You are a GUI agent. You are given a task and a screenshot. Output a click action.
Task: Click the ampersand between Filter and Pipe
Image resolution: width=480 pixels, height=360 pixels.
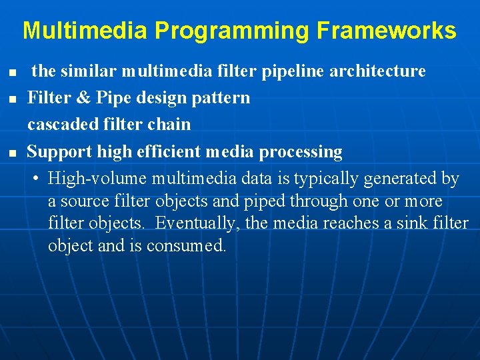pos(83,98)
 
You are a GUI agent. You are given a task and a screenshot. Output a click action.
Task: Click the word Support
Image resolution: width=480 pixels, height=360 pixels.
pos(59,152)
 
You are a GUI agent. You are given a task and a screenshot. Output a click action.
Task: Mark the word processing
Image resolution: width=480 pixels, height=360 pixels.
pos(301,152)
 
